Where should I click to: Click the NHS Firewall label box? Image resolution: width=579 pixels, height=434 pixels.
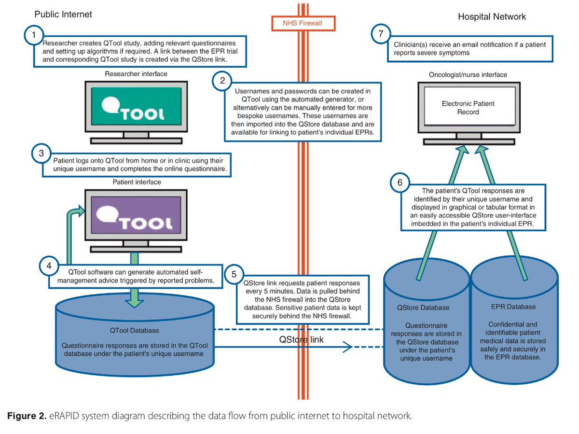[303, 22]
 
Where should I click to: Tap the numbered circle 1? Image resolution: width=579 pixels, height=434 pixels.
[33, 35]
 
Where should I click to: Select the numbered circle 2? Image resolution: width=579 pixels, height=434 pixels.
[222, 81]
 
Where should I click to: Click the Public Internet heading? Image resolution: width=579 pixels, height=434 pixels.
[63, 14]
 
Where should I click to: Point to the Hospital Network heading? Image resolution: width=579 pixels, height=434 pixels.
[492, 17]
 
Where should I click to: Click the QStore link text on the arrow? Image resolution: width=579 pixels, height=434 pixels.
[302, 339]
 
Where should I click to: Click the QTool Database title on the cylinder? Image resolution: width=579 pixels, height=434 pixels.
[134, 331]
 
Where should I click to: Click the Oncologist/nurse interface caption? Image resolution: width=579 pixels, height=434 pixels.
[468, 75]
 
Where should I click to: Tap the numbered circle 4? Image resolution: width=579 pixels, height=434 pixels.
[49, 266]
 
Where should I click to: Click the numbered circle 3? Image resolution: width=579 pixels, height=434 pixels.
[41, 154]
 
